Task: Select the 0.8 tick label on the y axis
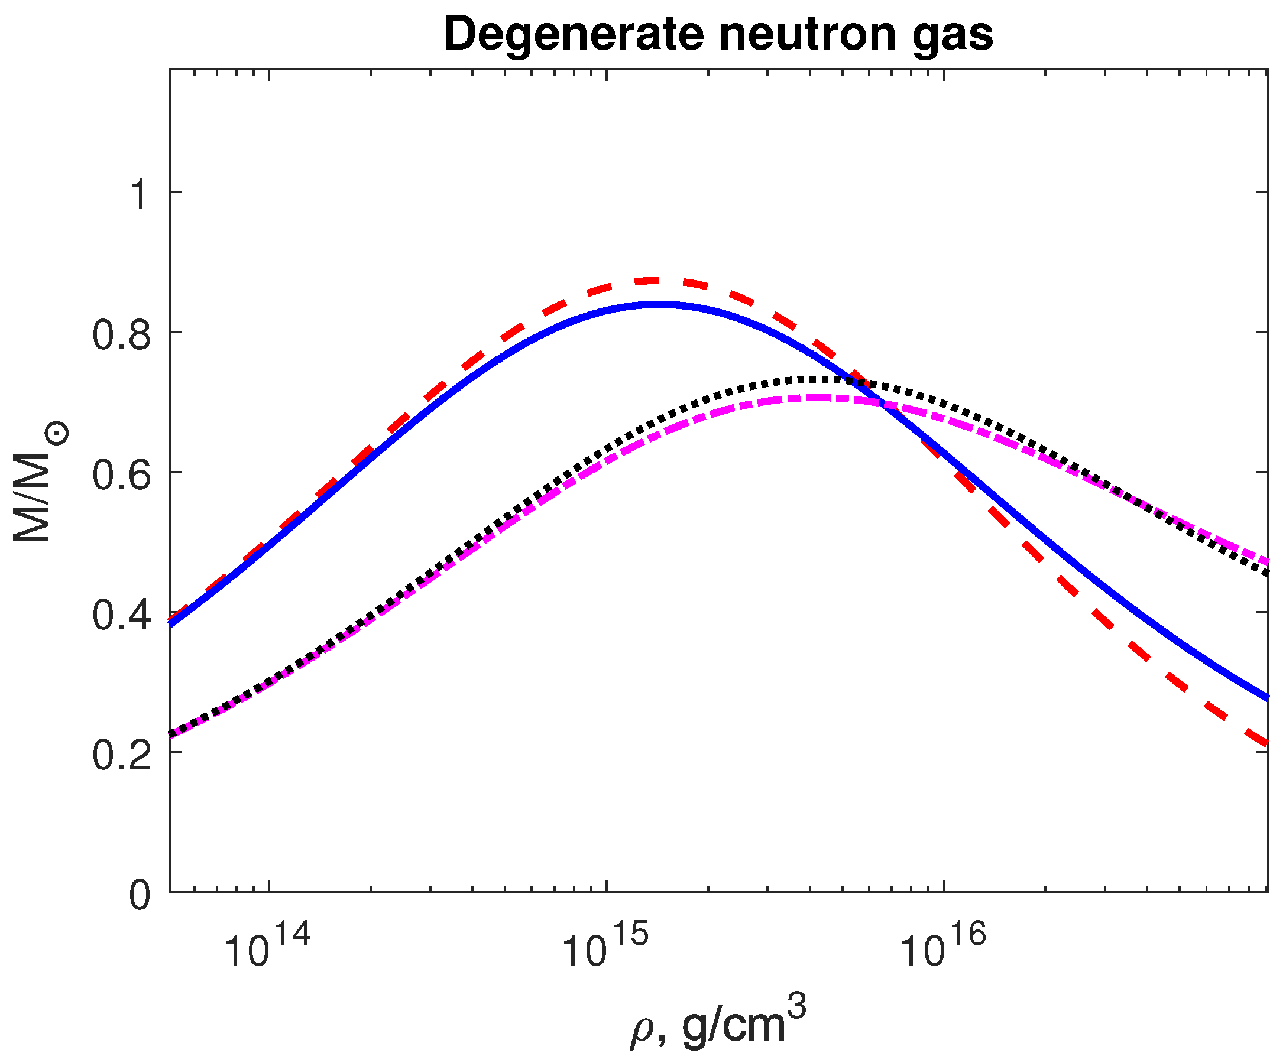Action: pyautogui.click(x=121, y=336)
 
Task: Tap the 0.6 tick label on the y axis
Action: pyautogui.click(x=121, y=476)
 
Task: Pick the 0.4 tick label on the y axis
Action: pyautogui.click(x=121, y=615)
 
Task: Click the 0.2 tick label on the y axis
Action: pyautogui.click(x=121, y=755)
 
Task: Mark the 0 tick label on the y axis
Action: pyautogui.click(x=140, y=895)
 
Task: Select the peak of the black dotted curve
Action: pyautogui.click(x=815, y=380)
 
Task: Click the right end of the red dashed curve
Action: pyautogui.click(x=1265, y=743)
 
